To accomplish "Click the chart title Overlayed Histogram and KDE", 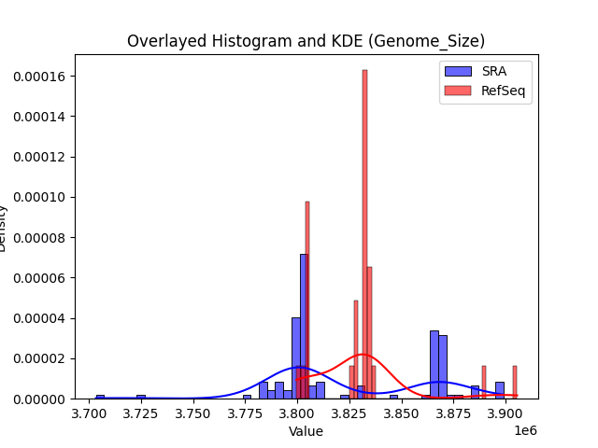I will coord(306,41).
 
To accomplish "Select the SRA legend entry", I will coord(486,72).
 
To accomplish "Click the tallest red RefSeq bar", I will coord(364,233).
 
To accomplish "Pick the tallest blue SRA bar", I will coord(304,327).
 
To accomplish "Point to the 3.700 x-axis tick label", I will coord(90,413).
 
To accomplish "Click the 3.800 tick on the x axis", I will coord(297,413).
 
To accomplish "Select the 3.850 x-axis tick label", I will coord(401,413).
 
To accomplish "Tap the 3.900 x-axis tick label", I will coord(505,413).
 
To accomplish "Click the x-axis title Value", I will coord(306,431).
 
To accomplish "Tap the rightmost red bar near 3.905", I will coord(514,383).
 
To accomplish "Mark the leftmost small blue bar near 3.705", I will coord(100,397).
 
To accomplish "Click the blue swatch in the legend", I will coord(458,72).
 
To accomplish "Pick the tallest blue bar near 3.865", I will coord(434,364).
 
